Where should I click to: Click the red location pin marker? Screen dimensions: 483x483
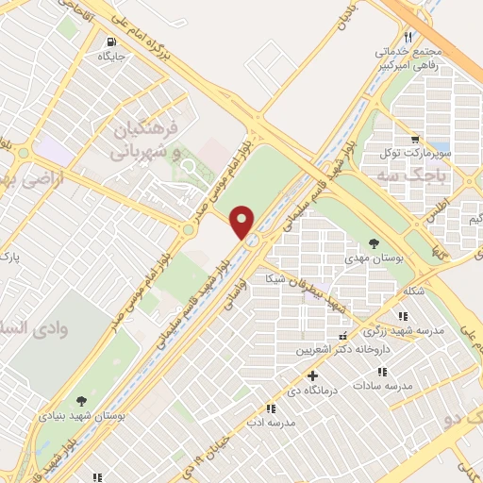click(x=242, y=222)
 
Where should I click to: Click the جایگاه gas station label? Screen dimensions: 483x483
click(x=112, y=57)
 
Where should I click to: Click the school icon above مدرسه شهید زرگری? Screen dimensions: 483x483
click(x=404, y=316)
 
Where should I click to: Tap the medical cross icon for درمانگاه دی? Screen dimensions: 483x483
click(x=314, y=375)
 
